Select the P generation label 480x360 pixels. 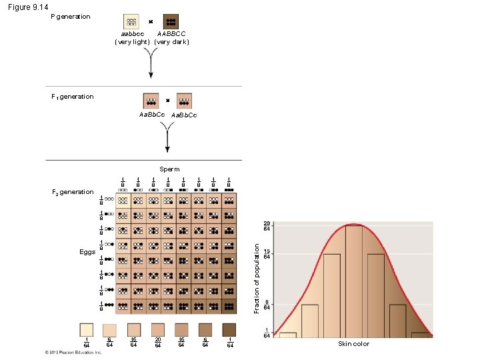71,17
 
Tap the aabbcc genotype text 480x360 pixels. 132,33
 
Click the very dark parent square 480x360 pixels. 171,21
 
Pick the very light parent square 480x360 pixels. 132,21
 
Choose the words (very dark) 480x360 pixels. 172,41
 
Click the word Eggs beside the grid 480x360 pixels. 87,252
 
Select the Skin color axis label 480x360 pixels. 353,343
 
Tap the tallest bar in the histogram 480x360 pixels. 353,280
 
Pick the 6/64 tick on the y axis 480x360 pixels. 266,305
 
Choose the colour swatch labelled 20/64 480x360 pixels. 157,330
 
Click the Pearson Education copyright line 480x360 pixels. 73,352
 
